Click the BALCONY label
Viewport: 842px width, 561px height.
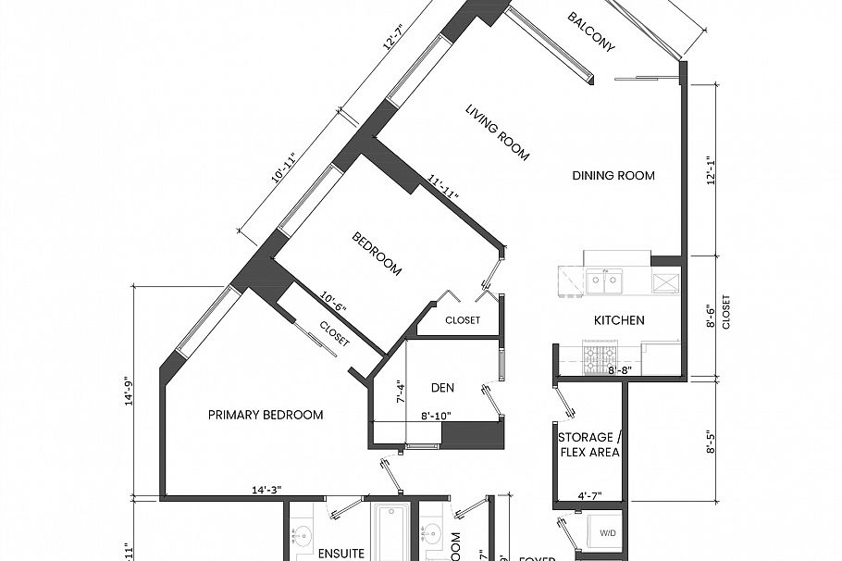pos(592,32)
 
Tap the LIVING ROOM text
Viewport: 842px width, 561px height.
pos(497,132)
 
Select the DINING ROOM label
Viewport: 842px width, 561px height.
pos(613,176)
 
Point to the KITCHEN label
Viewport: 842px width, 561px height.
pos(619,320)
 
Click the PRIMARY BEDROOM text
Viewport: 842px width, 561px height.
pos(266,415)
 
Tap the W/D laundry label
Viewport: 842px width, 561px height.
pos(607,532)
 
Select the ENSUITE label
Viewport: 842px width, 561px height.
pos(341,554)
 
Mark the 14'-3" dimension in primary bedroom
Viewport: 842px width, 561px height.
pos(266,491)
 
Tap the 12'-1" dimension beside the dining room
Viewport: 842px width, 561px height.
pos(711,169)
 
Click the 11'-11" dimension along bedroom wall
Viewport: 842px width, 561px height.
pos(444,188)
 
